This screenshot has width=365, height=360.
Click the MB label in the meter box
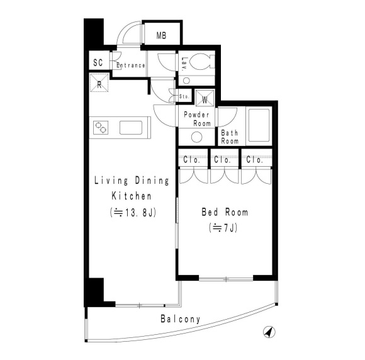[x=161, y=36]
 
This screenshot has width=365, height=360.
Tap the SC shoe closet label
[x=98, y=62]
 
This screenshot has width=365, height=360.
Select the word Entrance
[x=131, y=65]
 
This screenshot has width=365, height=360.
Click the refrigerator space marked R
[x=99, y=82]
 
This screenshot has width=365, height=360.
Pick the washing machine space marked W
[x=205, y=98]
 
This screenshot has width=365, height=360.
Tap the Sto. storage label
[x=184, y=96]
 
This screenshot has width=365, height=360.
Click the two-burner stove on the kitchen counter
[x=101, y=128]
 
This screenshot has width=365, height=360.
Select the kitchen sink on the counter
[x=131, y=128]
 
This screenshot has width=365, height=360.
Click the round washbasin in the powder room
[x=197, y=137]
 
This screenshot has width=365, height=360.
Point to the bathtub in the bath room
[x=259, y=125]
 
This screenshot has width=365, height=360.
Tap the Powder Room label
[x=197, y=119]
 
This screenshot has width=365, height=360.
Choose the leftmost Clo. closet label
[x=192, y=160]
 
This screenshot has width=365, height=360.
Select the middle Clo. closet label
[x=222, y=160]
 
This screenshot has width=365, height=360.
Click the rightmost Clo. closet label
[x=255, y=160]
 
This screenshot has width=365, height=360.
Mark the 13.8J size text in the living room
[x=133, y=212]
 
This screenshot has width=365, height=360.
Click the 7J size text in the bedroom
[x=223, y=228]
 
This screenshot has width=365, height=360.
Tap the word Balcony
[x=181, y=319]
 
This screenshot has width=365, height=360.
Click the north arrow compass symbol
[x=269, y=332]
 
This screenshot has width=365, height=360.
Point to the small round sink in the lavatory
[x=186, y=81]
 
